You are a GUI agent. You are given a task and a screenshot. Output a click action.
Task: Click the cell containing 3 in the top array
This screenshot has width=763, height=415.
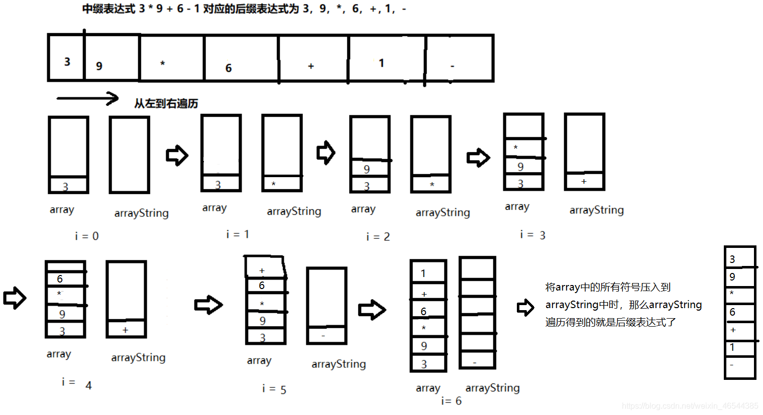[66, 58]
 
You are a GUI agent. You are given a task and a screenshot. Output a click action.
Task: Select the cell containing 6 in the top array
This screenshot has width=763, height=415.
[241, 59]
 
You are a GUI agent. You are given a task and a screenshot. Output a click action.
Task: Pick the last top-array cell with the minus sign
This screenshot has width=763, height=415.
[459, 59]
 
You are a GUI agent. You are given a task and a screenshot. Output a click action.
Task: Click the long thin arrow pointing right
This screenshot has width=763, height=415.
[87, 98]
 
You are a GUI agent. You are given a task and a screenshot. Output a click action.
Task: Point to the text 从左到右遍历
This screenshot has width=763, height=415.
[166, 104]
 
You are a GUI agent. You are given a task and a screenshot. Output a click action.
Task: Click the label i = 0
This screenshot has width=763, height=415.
[86, 236]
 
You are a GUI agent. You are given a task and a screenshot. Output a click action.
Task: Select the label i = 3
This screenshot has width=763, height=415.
[532, 235]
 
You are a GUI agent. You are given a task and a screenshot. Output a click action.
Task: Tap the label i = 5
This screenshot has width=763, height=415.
[274, 389]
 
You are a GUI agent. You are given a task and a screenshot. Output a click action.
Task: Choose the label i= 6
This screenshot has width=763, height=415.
[451, 401]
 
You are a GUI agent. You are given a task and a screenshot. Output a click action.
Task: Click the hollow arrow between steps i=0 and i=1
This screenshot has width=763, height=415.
[177, 155]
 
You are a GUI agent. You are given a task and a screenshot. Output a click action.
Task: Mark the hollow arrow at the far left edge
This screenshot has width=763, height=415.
[15, 298]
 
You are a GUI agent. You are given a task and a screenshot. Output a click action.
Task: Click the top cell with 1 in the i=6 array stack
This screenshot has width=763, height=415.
[428, 273]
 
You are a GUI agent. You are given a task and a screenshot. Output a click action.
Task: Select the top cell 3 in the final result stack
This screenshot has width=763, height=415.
[739, 258]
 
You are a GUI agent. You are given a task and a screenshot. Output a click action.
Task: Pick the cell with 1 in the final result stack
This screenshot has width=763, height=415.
[739, 347]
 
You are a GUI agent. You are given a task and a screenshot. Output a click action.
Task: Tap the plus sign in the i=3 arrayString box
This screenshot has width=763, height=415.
[584, 181]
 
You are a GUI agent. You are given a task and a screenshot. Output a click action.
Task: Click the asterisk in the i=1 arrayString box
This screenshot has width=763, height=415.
[274, 184]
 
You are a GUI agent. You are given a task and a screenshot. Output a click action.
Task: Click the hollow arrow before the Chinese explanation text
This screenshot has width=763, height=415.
[525, 307]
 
